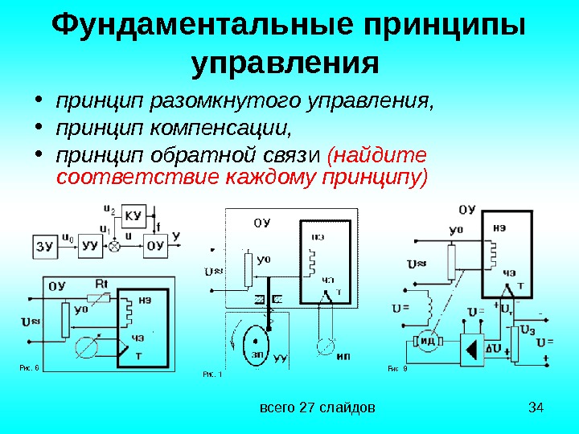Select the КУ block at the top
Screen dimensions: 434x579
[x=134, y=215]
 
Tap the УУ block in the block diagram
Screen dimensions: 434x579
[x=90, y=247]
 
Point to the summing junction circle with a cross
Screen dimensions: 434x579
[x=114, y=247]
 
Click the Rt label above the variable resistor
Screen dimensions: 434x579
[x=101, y=284]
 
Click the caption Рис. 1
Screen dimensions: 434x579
[x=212, y=373]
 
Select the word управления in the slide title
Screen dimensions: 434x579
[x=285, y=62]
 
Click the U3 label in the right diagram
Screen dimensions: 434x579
[x=528, y=330]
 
